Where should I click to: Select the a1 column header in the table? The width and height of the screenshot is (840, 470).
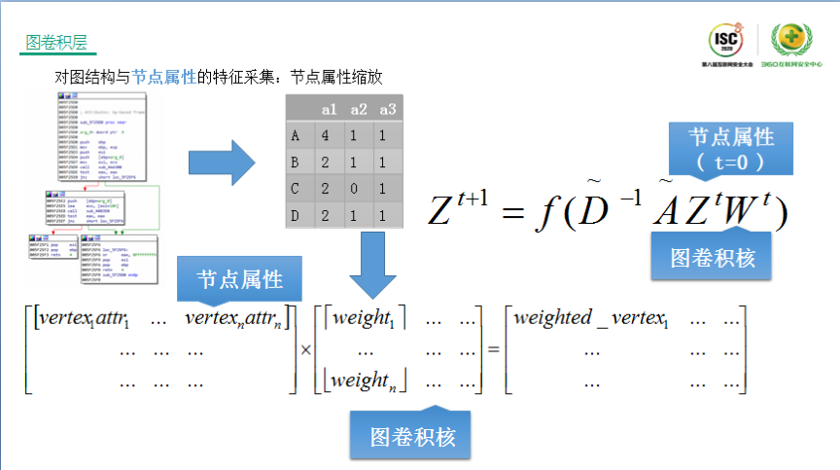tap(329, 108)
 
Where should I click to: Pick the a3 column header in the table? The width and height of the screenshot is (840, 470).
tap(388, 108)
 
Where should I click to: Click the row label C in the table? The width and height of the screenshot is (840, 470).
tap(295, 189)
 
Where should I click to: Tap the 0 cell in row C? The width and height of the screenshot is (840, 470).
tap(358, 189)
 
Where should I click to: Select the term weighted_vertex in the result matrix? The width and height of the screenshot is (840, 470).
tap(589, 318)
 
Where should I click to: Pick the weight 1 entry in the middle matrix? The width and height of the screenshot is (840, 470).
tap(367, 318)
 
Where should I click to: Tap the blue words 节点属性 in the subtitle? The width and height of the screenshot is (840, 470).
tap(163, 77)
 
